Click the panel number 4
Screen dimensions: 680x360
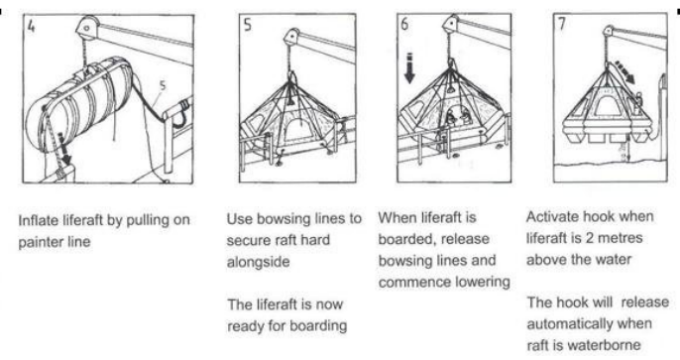[x=31, y=26]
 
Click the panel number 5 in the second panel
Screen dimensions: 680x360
[x=247, y=24]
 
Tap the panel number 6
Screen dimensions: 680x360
[x=404, y=24]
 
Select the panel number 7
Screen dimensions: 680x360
[x=562, y=23]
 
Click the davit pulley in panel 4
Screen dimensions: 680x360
[x=87, y=28]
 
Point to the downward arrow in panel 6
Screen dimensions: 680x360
[x=409, y=68]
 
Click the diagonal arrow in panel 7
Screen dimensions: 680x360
[x=624, y=72]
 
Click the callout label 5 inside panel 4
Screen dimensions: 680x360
[x=163, y=85]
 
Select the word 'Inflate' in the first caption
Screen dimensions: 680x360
[x=38, y=220]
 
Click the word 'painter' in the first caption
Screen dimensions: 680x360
[x=42, y=242]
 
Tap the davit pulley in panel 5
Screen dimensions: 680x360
[x=291, y=37]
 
